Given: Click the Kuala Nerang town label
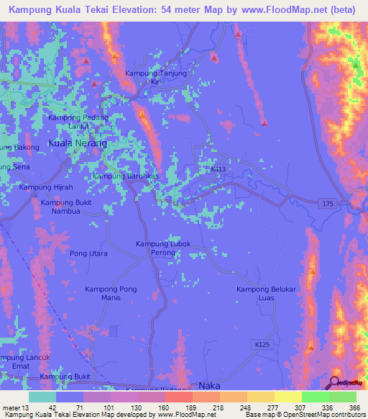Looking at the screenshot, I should click(x=77, y=143).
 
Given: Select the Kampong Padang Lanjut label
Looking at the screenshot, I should click(x=78, y=122).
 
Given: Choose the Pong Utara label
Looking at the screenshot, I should click(x=88, y=253).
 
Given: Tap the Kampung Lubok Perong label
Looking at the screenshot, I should click(x=163, y=248).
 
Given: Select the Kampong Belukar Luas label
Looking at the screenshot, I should click(x=267, y=294).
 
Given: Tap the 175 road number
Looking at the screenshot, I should click(x=328, y=204).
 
